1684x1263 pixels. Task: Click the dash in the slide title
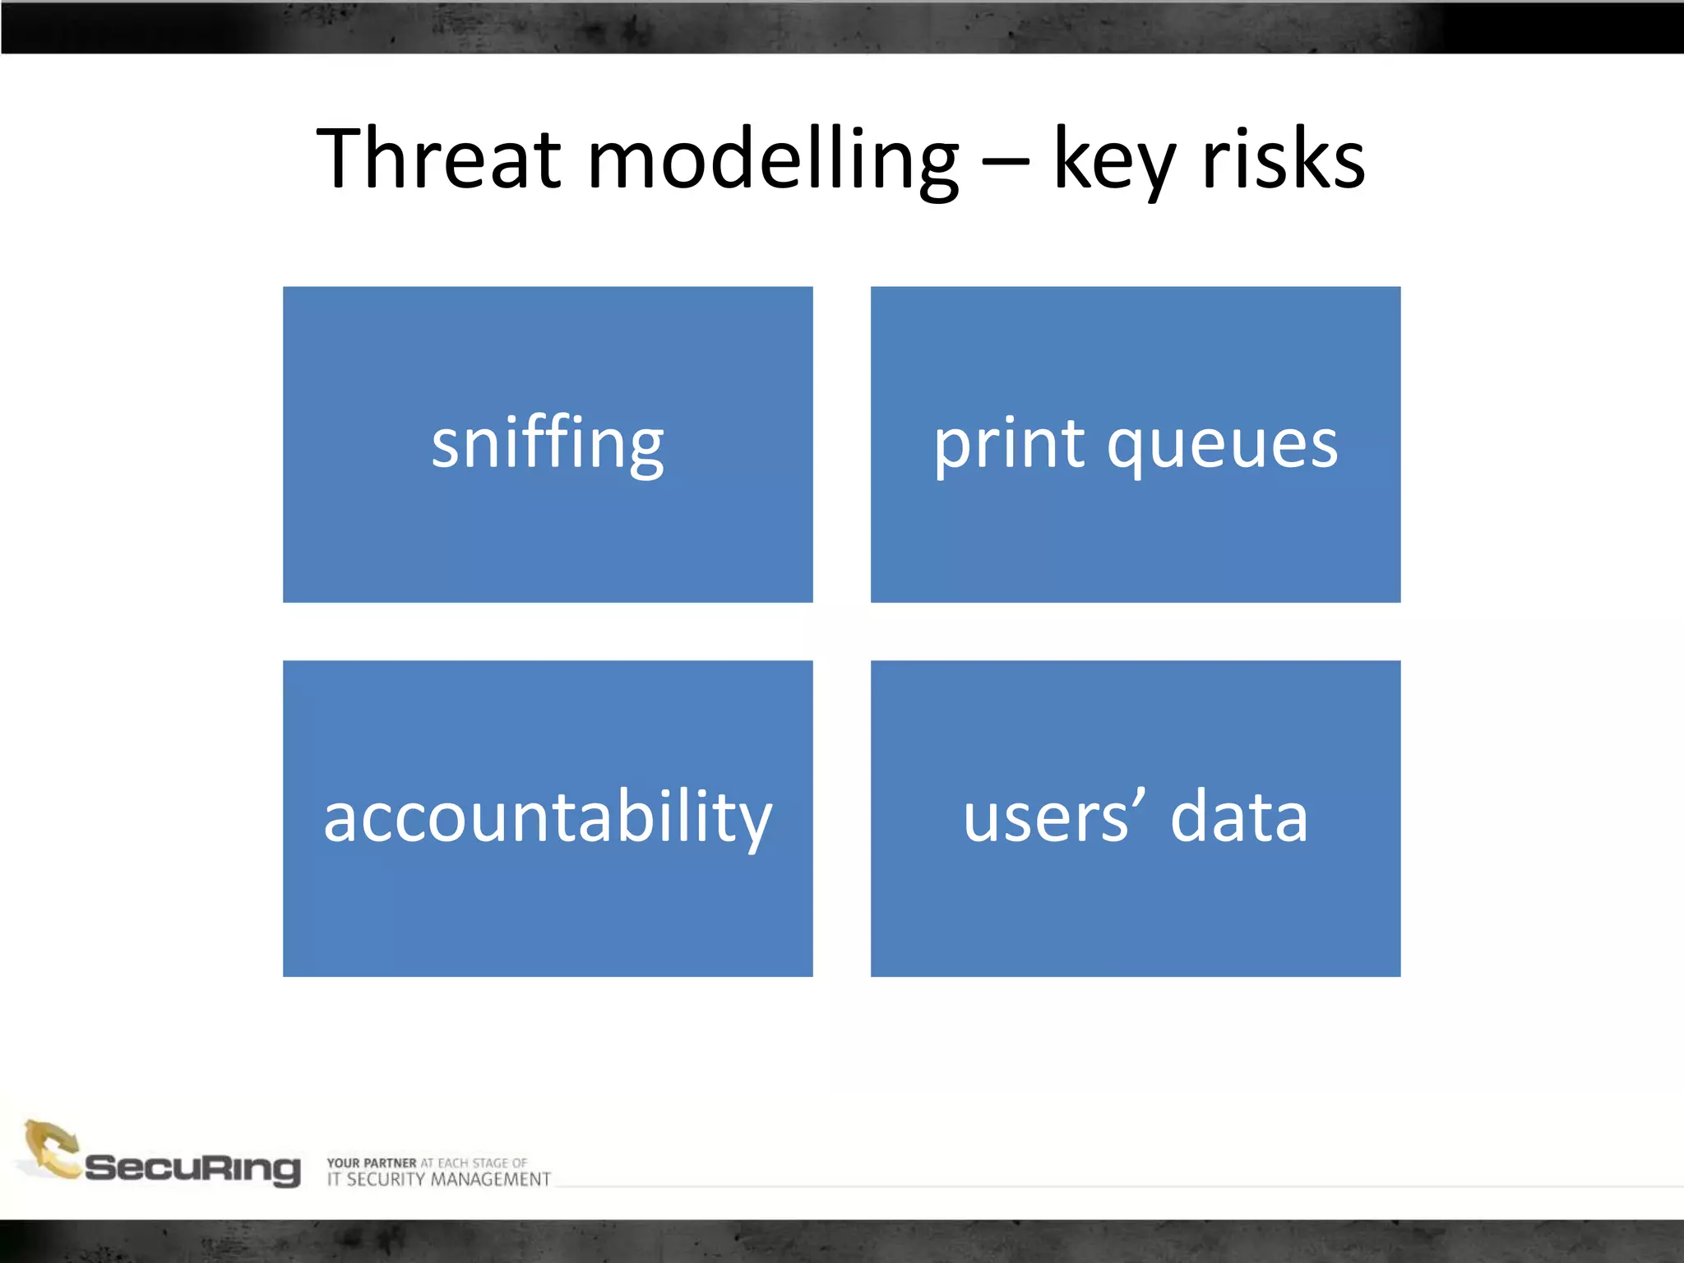click(1006, 162)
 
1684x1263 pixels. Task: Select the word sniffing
click(548, 444)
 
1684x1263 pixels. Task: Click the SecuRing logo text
click(192, 1168)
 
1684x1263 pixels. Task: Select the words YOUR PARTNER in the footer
click(372, 1163)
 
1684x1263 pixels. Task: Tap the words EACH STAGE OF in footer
click(483, 1163)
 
